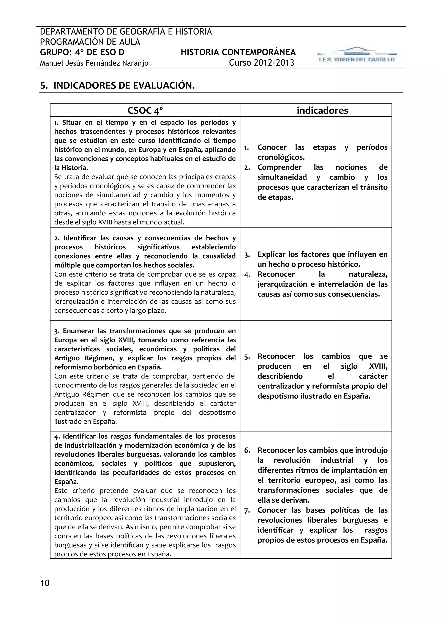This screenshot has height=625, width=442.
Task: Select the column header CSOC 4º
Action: tap(145, 110)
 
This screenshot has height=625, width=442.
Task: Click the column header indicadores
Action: tap(322, 110)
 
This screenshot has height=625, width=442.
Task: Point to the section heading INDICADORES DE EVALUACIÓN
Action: tap(124, 85)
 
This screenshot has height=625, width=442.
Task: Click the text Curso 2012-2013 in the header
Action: tap(262, 63)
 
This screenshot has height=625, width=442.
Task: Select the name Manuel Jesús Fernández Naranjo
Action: tap(94, 63)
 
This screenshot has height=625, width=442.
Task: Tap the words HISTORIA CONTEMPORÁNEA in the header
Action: tap(238, 52)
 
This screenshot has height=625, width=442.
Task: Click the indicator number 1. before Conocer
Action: tap(247, 148)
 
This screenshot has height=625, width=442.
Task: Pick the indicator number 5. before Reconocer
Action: tap(247, 357)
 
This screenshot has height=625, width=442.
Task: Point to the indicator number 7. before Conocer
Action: tap(247, 510)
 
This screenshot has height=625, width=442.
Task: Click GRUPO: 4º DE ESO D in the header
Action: tap(82, 52)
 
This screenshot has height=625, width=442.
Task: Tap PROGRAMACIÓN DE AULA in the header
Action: tap(90, 42)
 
